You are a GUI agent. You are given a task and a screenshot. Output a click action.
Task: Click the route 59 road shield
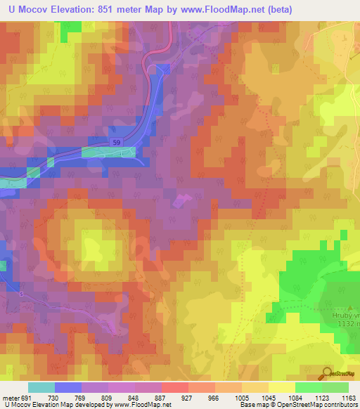click(x=116, y=143)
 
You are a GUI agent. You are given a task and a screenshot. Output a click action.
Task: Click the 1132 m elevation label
click(x=345, y=325)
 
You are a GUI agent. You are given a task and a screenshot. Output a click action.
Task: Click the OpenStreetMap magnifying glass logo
click(x=326, y=372)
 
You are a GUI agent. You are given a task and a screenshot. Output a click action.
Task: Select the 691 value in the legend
click(x=27, y=398)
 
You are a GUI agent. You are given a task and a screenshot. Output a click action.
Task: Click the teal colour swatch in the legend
click(x=41, y=387)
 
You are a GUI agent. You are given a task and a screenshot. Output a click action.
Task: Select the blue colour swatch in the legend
click(x=67, y=387)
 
